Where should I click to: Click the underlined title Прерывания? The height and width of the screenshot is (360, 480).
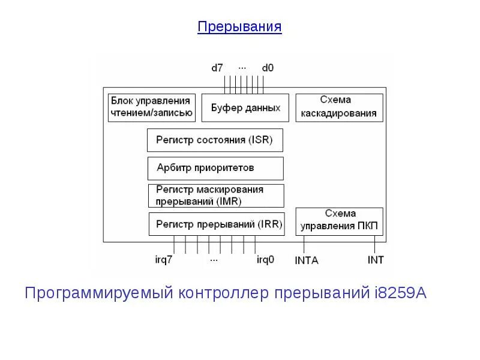pyautogui.click(x=239, y=27)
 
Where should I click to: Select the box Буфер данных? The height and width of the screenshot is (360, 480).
pyautogui.click(x=245, y=108)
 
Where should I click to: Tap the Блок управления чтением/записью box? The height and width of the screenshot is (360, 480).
pyautogui.click(x=150, y=107)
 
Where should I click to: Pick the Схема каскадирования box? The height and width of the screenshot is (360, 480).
pyautogui.click(x=339, y=107)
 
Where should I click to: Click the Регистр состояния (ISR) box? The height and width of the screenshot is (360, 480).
pyautogui.click(x=214, y=140)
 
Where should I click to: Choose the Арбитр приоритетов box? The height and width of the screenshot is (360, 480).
pyautogui.click(x=215, y=168)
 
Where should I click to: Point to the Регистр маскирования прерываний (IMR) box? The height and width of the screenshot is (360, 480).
pyautogui.click(x=215, y=196)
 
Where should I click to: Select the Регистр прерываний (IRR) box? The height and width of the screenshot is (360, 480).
pyautogui.click(x=215, y=224)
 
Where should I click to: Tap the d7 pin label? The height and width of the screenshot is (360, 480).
pyautogui.click(x=217, y=68)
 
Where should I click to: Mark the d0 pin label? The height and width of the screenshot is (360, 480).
pyautogui.click(x=268, y=68)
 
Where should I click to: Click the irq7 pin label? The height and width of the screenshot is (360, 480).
pyautogui.click(x=164, y=260)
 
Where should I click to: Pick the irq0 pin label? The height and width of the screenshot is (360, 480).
pyautogui.click(x=265, y=260)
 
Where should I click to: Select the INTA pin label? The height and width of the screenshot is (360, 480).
pyautogui.click(x=307, y=260)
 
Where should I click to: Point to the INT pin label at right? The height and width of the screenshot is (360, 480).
pyautogui.click(x=376, y=260)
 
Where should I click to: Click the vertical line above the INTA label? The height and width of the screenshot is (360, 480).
pyautogui.click(x=304, y=244)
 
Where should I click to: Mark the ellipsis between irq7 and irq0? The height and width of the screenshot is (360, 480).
pyautogui.click(x=214, y=260)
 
